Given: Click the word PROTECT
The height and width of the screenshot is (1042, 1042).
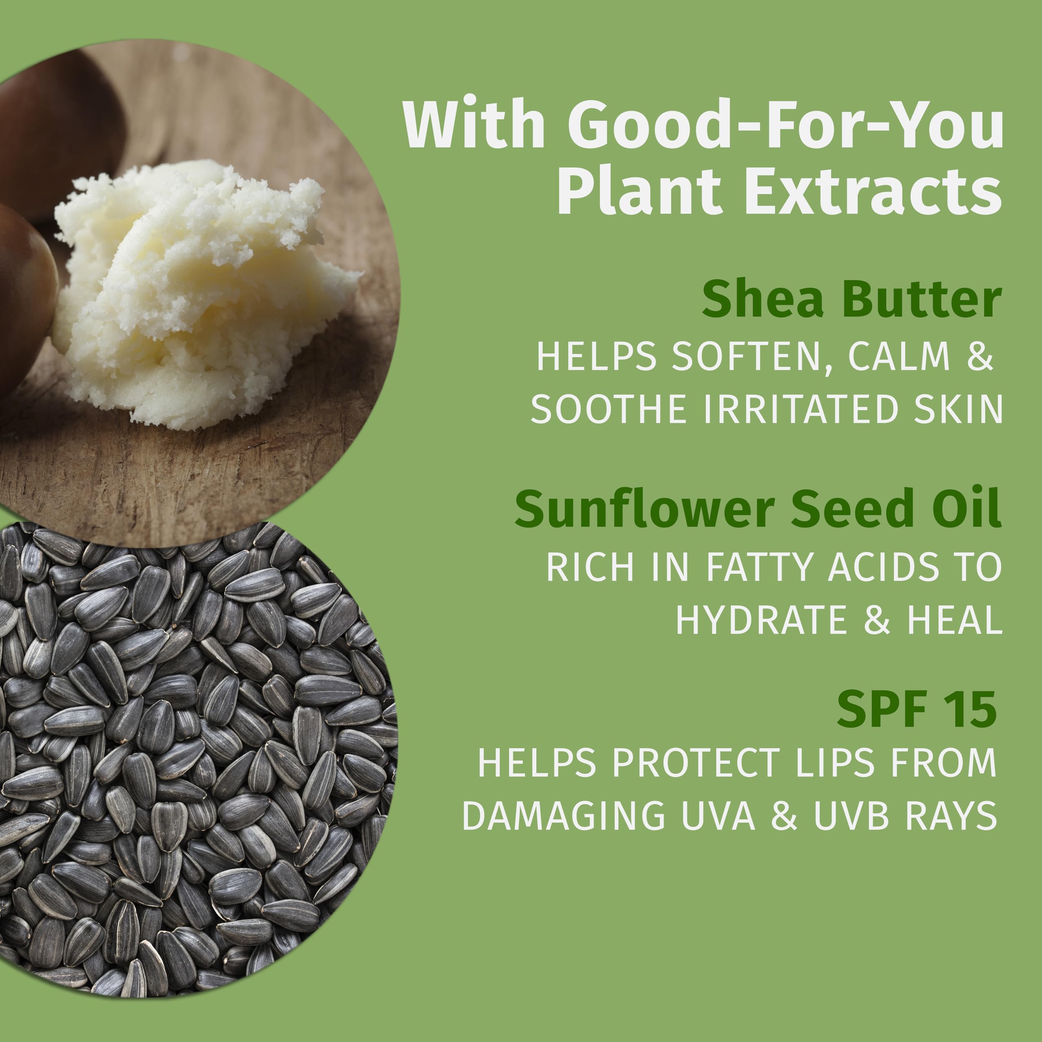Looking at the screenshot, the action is click(696, 763).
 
